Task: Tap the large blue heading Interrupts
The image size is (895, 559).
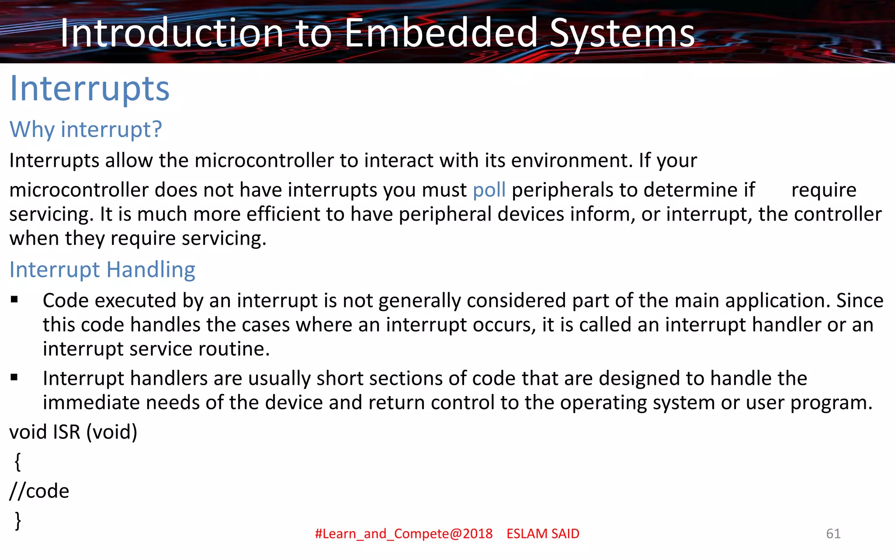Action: [90, 89]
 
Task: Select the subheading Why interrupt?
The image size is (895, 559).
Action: [86, 129]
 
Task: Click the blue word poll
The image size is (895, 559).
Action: [489, 190]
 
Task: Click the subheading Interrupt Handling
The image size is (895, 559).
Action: [102, 269]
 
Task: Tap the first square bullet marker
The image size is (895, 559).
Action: [14, 300]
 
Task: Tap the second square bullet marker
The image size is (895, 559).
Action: [14, 377]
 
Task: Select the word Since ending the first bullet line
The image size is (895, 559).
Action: [860, 300]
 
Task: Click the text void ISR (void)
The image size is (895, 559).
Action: [73, 432]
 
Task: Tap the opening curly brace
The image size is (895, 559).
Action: [17, 462]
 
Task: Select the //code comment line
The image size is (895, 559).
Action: [39, 491]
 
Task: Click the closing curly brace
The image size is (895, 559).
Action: [17, 521]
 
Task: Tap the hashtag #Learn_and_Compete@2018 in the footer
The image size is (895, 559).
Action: [403, 534]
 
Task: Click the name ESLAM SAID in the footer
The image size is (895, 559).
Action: [543, 534]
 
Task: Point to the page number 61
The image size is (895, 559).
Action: [833, 534]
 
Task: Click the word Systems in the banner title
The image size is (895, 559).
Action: [622, 33]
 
